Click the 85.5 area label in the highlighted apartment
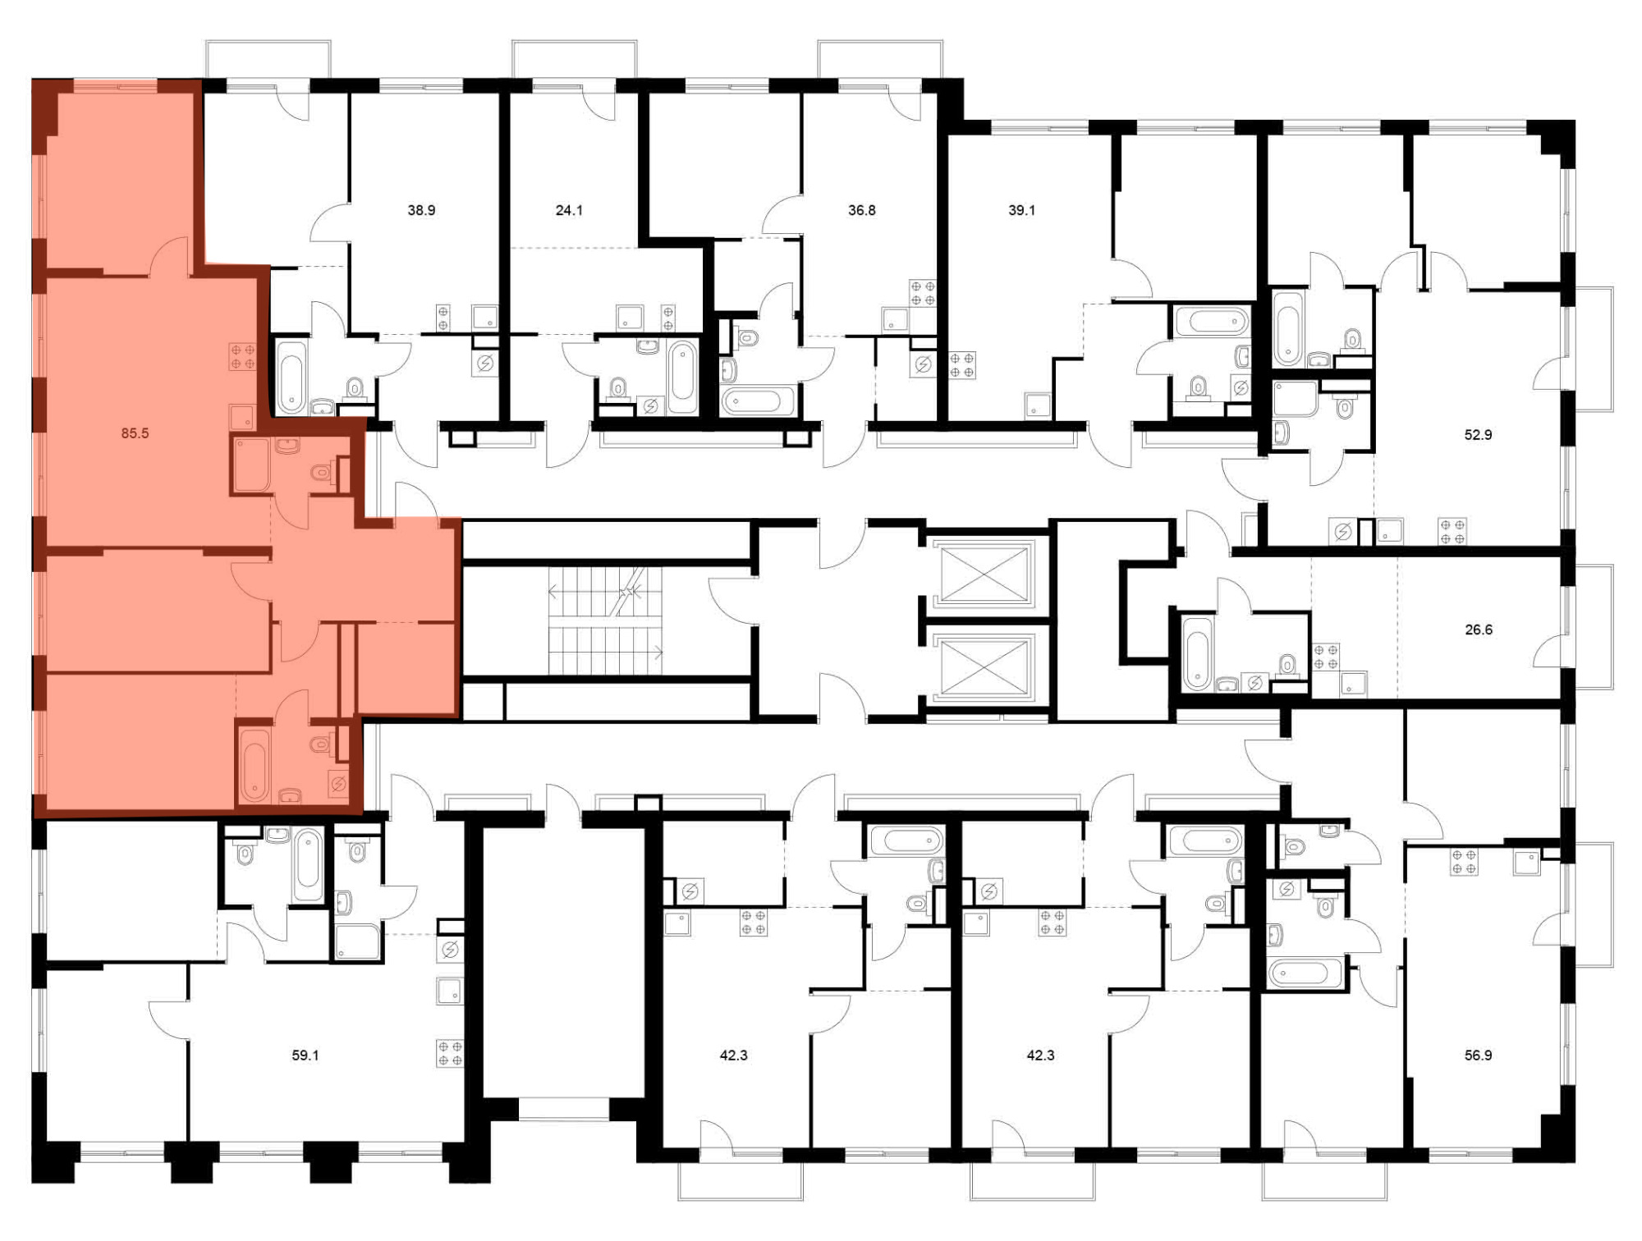coord(135,433)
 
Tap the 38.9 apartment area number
coord(421,210)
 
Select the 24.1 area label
coord(569,210)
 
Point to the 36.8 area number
coord(861,210)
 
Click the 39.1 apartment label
coord(1021,210)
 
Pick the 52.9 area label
coord(1478,435)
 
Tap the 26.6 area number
coord(1478,630)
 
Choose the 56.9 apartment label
coord(1478,1056)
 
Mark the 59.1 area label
coord(305,1056)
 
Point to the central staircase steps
coord(605,621)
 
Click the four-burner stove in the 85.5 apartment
coord(242,356)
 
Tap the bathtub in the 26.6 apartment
coord(1197,653)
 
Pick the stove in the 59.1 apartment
coord(450,1053)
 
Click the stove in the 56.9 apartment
coord(1464,862)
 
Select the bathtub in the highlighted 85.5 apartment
coord(254,766)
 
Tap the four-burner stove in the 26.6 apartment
coord(1326,657)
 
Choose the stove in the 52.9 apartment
coord(1452,532)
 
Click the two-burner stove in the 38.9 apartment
coord(443,318)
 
